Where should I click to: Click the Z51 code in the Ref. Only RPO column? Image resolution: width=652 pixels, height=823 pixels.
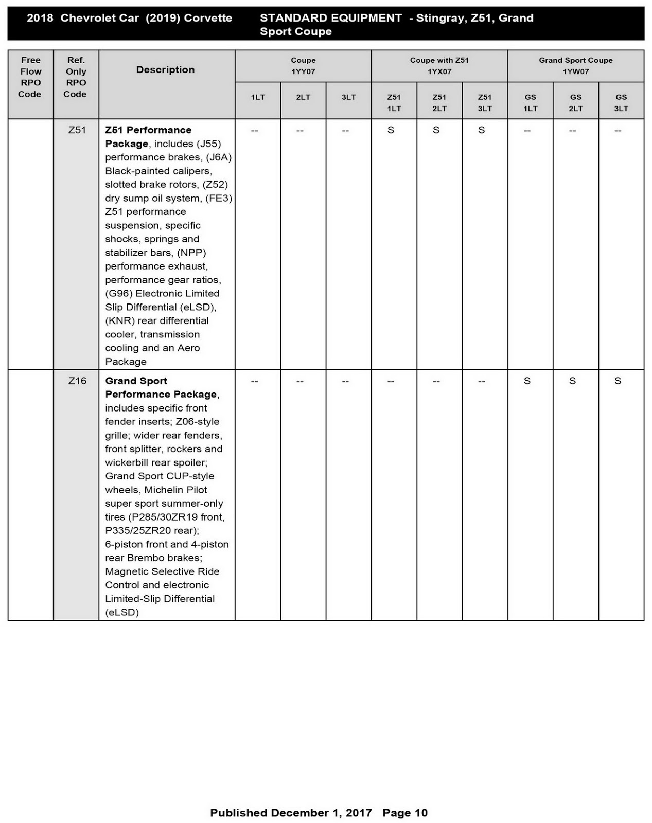click(x=77, y=130)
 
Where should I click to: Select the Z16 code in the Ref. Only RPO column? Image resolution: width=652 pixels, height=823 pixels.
click(x=77, y=381)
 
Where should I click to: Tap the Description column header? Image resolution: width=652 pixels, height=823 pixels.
click(x=165, y=70)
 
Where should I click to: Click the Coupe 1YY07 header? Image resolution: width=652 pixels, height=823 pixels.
click(x=303, y=66)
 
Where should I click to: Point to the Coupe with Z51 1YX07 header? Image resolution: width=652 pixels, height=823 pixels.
click(x=439, y=66)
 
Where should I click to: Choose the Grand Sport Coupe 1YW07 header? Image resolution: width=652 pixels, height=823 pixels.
click(x=575, y=66)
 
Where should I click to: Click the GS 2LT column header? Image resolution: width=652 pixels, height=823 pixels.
click(x=575, y=102)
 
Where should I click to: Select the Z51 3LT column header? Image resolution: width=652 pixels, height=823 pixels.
click(x=484, y=102)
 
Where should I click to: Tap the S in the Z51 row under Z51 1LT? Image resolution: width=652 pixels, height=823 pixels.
click(x=391, y=130)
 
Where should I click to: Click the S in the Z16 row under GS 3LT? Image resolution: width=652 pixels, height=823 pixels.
click(x=618, y=381)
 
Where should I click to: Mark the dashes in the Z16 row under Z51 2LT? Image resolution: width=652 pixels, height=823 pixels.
click(x=436, y=381)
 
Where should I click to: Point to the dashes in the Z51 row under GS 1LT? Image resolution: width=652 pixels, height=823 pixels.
click(x=527, y=131)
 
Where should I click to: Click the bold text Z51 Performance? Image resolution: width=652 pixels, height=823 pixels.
click(x=148, y=130)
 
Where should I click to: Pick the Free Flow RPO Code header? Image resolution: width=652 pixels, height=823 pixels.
click(x=30, y=77)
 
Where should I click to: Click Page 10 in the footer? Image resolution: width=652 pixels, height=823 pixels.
click(x=405, y=813)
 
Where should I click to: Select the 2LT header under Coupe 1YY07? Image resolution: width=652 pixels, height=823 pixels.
click(x=303, y=97)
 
